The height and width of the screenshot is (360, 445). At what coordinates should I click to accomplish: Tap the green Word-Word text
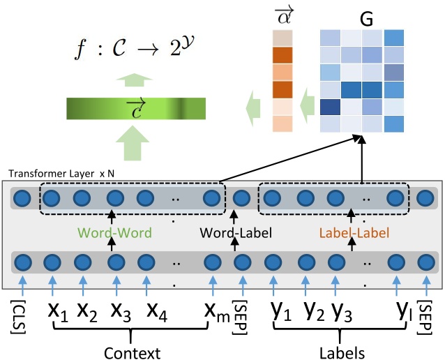112,230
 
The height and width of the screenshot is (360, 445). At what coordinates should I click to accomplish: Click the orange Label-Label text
354,230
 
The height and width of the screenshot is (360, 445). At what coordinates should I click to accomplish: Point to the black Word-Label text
233,230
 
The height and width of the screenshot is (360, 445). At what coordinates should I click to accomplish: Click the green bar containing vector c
136,109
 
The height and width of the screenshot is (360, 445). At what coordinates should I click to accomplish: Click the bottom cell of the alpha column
282,123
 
